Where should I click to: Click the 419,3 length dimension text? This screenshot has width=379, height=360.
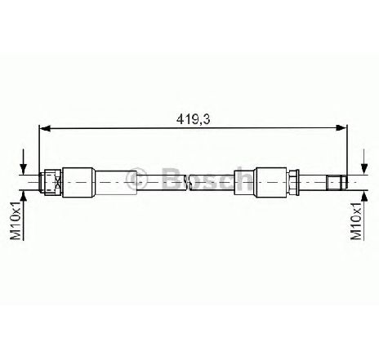pyautogui.click(x=193, y=119)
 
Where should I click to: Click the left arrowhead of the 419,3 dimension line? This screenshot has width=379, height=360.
pyautogui.click(x=45, y=128)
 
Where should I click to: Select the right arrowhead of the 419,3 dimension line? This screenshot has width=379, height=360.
pyautogui.click(x=341, y=127)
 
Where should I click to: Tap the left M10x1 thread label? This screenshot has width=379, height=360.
pyautogui.click(x=16, y=220)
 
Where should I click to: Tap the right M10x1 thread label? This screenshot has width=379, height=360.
pyautogui.click(x=356, y=220)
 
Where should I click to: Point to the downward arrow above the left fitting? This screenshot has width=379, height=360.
pyautogui.click(x=24, y=162)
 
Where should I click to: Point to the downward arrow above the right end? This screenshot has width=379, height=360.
pyautogui.click(x=364, y=162)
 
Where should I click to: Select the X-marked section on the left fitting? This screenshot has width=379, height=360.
pyautogui.click(x=58, y=182)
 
